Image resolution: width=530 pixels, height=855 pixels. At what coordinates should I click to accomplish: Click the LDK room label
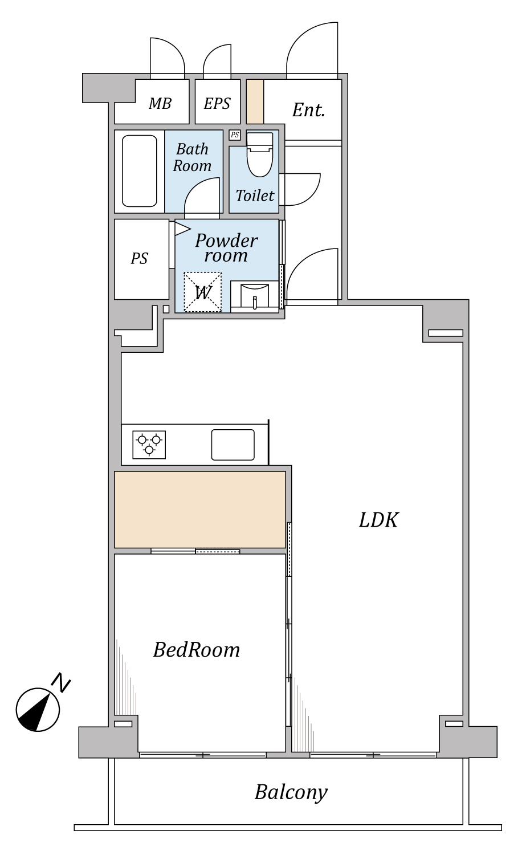(378, 520)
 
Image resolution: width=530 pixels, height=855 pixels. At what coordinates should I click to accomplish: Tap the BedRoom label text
(197, 650)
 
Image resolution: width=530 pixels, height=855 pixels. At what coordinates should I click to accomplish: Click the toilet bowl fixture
(260, 154)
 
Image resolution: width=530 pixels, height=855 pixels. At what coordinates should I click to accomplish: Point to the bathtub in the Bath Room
(139, 172)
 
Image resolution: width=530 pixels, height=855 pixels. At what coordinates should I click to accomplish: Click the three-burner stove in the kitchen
(149, 445)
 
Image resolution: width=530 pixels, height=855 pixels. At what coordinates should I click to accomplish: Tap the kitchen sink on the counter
(233, 445)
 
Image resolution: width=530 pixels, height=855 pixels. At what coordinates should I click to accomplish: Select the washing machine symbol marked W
(203, 292)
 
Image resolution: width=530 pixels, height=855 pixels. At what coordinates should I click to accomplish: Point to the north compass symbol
(38, 710)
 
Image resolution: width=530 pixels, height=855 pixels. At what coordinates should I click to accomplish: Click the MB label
(160, 103)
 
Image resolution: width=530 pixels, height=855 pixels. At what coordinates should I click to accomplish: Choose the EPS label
(217, 103)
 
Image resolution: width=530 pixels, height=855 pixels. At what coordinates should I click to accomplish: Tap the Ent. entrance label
(309, 110)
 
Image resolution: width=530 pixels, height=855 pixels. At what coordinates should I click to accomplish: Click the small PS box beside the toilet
(235, 135)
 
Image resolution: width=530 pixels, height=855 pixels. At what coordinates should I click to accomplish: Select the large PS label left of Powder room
(139, 258)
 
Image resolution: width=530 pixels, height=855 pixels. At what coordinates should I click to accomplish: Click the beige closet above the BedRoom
(200, 510)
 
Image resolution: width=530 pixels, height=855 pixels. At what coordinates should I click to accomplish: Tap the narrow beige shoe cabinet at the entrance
(255, 101)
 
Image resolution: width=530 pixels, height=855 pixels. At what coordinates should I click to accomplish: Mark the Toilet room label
(255, 196)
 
